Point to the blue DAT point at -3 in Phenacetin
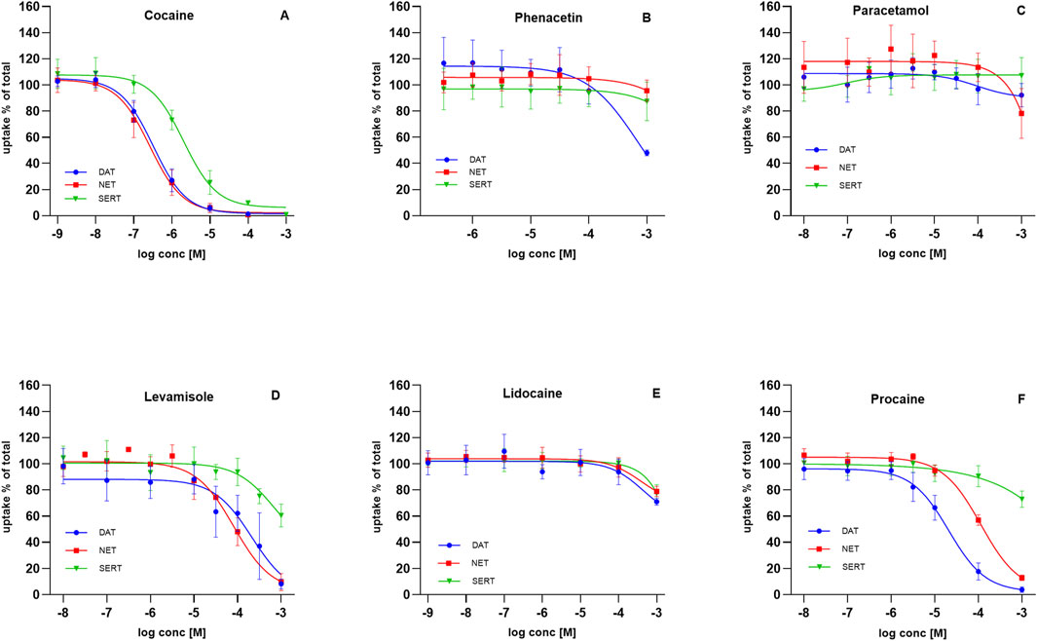tap(647, 153)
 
